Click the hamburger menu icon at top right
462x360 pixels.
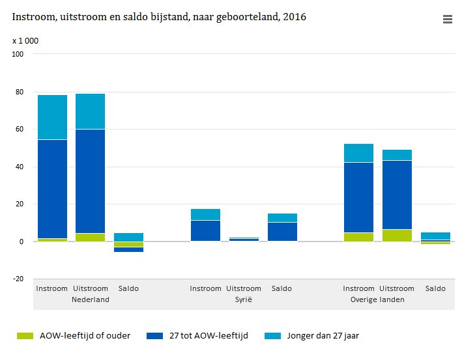click(447, 20)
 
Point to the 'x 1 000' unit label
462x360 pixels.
click(25, 40)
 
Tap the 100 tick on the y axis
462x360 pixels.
click(18, 54)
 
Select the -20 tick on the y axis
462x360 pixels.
click(18, 279)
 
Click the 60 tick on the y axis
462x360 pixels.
click(18, 129)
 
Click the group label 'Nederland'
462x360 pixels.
click(90, 299)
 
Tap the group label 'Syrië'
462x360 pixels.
click(244, 299)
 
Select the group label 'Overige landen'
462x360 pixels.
click(377, 299)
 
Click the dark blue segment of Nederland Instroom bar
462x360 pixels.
click(52, 189)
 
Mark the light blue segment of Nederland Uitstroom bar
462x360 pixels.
click(90, 111)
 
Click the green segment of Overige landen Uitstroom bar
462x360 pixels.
click(397, 235)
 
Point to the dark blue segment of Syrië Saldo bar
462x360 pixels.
click(282, 232)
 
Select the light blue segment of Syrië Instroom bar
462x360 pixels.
click(205, 214)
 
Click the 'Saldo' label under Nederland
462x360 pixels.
click(128, 288)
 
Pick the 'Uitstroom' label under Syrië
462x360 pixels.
click(244, 288)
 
